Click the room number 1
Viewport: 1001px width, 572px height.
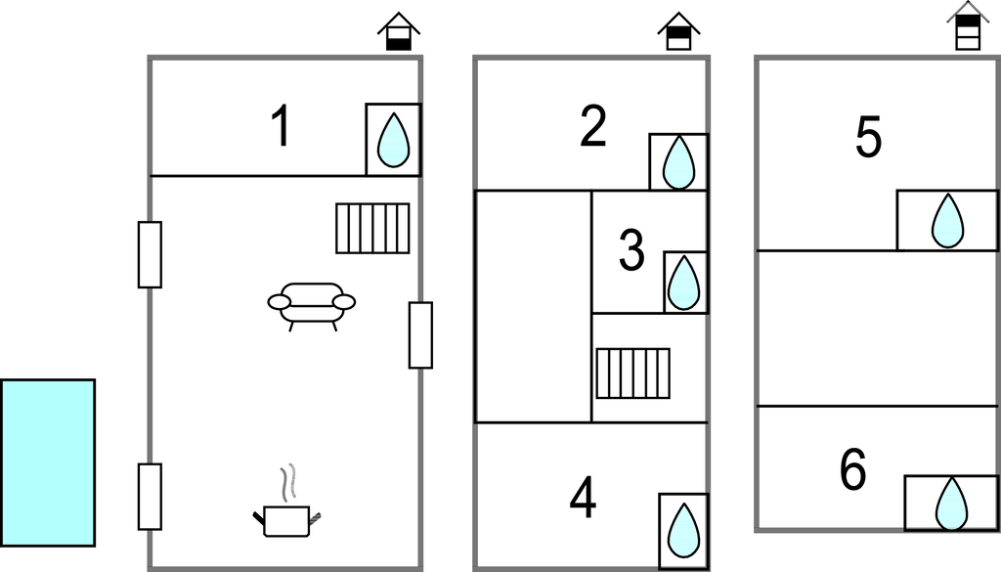point(281,127)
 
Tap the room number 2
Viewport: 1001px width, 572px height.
point(593,127)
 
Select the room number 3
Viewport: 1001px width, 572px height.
point(632,250)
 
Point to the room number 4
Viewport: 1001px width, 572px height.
point(584,500)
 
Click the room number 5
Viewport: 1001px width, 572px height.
point(868,138)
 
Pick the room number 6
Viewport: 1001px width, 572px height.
point(853,472)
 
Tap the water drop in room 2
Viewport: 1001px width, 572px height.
point(678,161)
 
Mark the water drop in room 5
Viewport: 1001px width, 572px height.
point(946,221)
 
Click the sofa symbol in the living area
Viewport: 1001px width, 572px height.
point(312,304)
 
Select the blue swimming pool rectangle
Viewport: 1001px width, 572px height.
point(48,462)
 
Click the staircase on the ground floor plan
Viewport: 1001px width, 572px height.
point(372,228)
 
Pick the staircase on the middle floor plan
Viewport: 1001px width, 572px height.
point(633,373)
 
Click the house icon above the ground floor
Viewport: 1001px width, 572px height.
point(399,32)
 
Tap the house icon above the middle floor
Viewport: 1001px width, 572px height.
point(678,31)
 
